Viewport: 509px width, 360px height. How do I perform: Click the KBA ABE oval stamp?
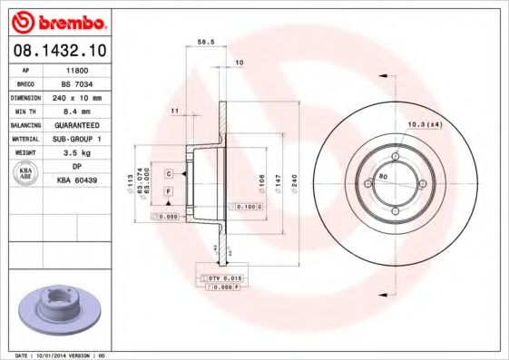point(25,173)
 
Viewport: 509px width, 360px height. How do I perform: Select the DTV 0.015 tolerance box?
point(220,277)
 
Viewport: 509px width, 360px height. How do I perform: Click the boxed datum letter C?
point(169,171)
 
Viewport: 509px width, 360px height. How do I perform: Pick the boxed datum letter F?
point(169,192)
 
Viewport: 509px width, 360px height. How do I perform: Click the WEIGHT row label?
point(25,153)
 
